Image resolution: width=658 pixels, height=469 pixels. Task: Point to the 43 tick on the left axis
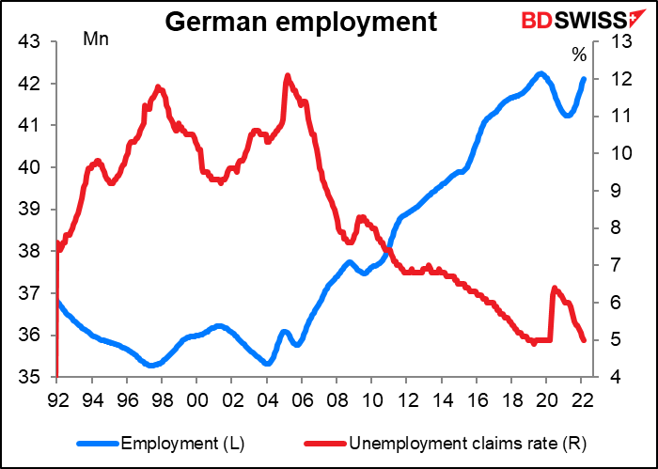pos(27,41)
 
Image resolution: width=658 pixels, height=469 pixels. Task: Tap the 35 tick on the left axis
pos(27,377)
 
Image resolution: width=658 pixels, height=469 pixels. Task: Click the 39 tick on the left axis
pos(27,210)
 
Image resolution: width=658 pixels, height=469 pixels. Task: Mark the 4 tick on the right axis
pos(612,377)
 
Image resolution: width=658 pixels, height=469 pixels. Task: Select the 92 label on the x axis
pos(57,398)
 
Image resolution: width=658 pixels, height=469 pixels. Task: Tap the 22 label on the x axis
pos(582,398)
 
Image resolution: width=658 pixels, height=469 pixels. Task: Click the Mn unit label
pos(95,44)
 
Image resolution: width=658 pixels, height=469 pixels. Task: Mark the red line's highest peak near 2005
pos(287,75)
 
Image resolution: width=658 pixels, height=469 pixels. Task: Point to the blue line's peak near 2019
pos(540,73)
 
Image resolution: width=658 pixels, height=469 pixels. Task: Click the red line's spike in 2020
pos(554,288)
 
